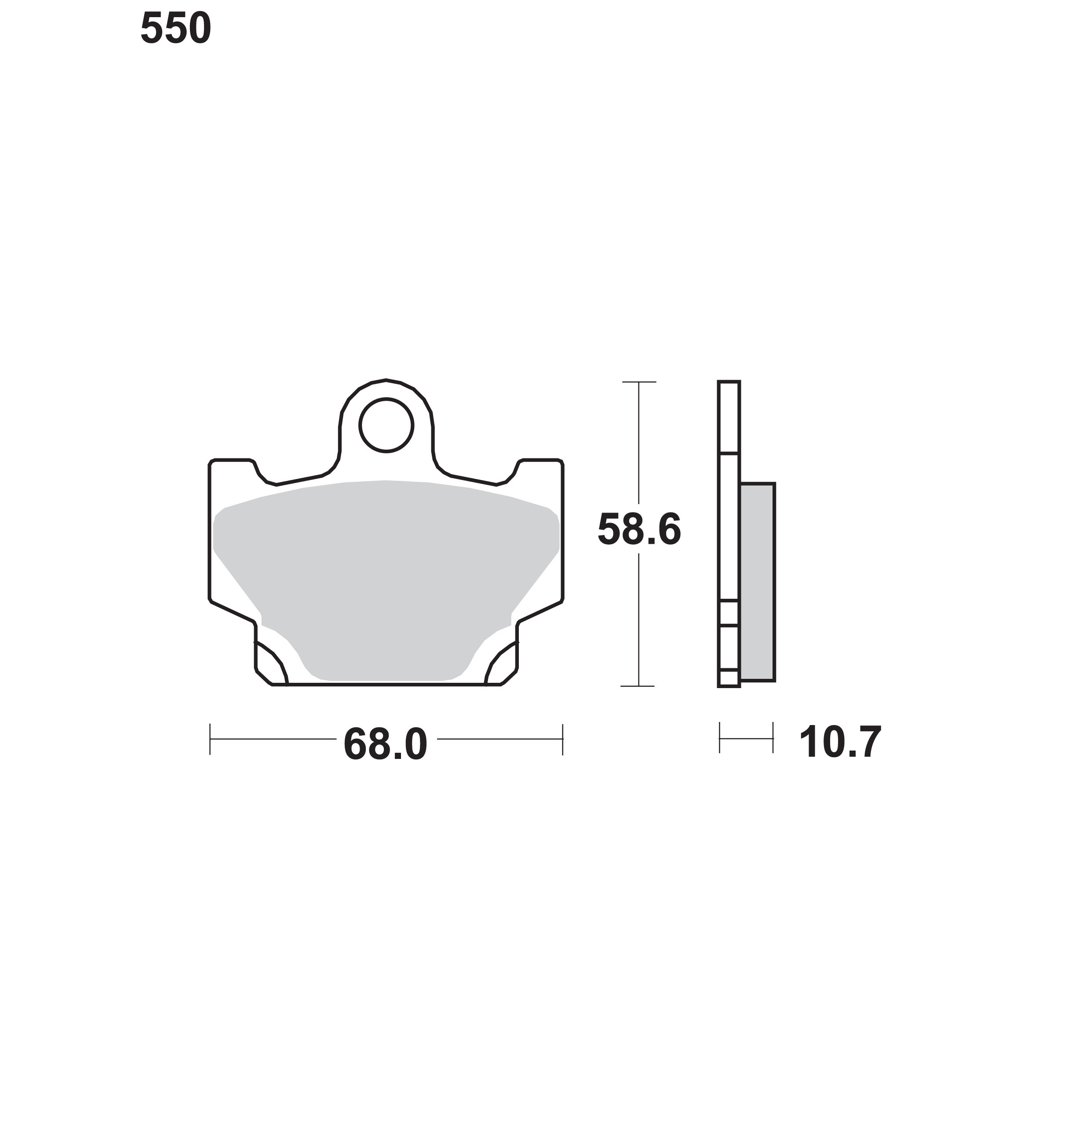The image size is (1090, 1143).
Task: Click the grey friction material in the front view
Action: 386,575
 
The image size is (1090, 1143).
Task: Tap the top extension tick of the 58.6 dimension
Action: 639,382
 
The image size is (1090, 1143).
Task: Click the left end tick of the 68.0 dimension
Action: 210,739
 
